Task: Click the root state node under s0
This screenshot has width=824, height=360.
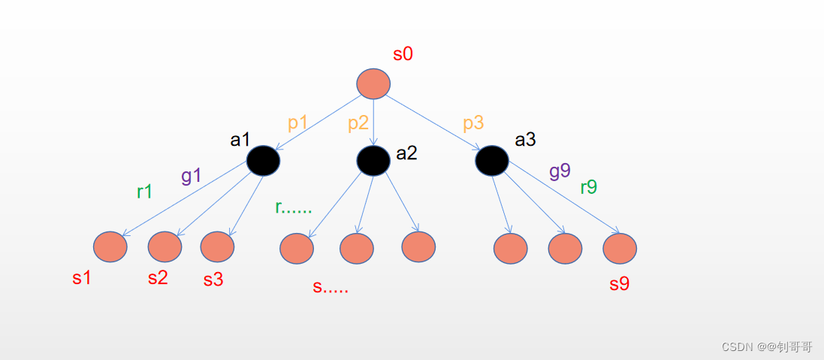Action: coord(373,83)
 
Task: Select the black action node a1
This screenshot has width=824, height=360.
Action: coord(263,160)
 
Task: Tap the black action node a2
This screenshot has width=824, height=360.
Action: coord(373,160)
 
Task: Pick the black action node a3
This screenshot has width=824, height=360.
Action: coord(492,160)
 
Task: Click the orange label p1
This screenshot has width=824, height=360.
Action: coord(298,123)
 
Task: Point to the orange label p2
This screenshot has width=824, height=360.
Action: coord(358,123)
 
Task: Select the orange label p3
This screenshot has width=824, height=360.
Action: coord(473,123)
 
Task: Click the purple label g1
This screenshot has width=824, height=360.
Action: coord(192,176)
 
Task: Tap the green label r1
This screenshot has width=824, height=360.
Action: coord(145,192)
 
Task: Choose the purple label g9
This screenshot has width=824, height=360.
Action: coord(560,171)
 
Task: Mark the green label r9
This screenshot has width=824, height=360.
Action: coord(589,187)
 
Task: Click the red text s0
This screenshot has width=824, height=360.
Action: coord(403,54)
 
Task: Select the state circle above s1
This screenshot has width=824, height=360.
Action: coord(110,247)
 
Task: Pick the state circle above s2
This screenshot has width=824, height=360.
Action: coord(164,246)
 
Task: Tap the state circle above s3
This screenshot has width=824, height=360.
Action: coord(217,246)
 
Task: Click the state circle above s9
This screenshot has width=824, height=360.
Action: coord(620,248)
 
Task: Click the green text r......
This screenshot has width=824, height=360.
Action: coord(293,208)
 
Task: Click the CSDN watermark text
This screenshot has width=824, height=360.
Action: coord(767,346)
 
